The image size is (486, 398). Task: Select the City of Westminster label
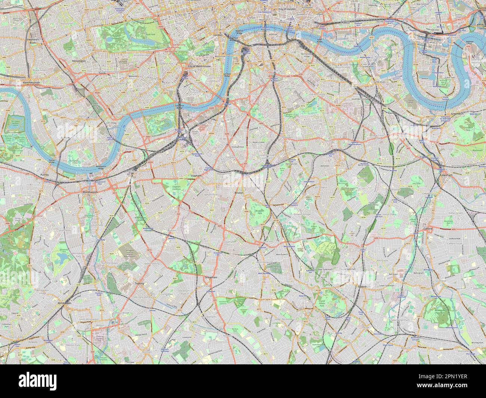tap(199, 66)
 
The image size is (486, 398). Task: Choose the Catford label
tap(428, 228)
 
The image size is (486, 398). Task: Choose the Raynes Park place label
tap(17, 337)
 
